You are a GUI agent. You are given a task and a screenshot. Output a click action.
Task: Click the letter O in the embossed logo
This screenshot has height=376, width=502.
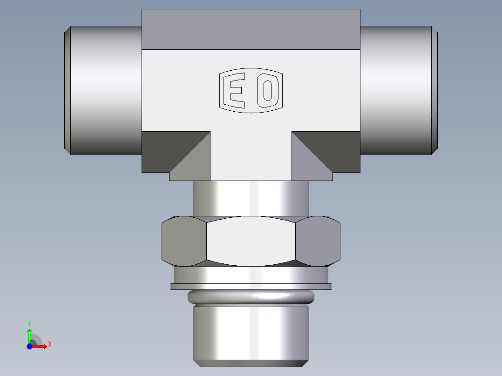[x=267, y=91]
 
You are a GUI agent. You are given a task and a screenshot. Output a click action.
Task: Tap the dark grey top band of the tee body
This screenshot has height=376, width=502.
[x=251, y=29]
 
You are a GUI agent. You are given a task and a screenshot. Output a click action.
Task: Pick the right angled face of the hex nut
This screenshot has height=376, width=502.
[x=318, y=241]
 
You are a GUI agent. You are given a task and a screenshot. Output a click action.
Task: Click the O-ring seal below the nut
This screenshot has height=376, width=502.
[x=251, y=296]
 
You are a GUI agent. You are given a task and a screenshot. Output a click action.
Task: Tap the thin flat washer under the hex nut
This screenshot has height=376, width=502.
[x=251, y=286]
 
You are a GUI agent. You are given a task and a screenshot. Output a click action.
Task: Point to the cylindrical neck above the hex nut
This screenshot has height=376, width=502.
[x=251, y=198]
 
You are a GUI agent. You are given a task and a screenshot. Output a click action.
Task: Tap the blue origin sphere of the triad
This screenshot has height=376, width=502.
[x=29, y=346]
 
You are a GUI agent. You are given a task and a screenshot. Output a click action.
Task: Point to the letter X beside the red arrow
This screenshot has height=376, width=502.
[x=49, y=344]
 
